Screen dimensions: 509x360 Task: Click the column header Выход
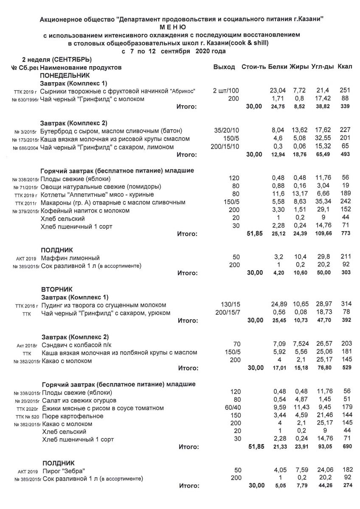coord(224,67)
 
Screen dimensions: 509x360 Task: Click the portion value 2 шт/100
coord(226,91)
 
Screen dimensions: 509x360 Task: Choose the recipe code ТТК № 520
coord(26,417)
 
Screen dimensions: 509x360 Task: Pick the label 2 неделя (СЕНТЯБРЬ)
coord(57,59)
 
